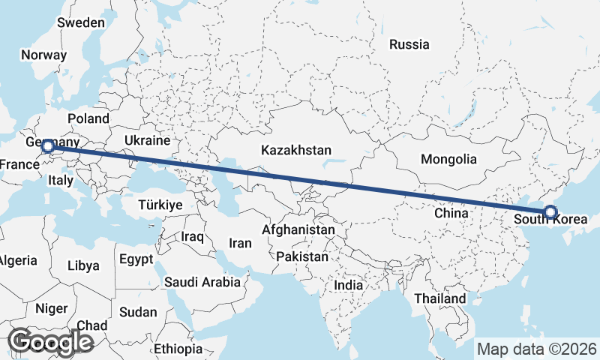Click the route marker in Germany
[47, 146]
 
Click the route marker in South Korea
[550, 212]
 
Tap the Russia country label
[409, 44]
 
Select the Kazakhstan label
[296, 151]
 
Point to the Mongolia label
[448, 159]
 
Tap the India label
[348, 285]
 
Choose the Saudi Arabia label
[202, 282]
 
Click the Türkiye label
[160, 205]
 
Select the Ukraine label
[147, 140]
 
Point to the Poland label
[88, 118]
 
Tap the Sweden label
[81, 22]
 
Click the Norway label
[43, 55]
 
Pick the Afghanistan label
[298, 229]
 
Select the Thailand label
[440, 298]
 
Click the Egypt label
[136, 259]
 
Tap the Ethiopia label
[178, 349]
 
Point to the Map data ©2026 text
[537, 349]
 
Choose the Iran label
[240, 243]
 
